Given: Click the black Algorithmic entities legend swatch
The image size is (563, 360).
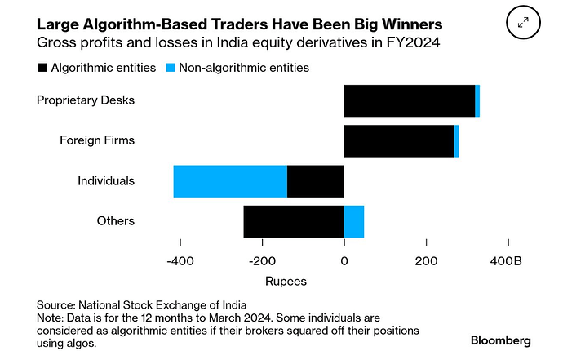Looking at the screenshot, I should click(42, 69).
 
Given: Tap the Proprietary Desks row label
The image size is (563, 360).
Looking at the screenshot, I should click(86, 100).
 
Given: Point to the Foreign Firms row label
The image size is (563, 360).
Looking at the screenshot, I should click(97, 140).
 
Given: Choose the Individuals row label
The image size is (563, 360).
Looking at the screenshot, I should click(106, 180).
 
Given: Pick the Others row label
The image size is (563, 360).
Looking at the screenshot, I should click(114, 221).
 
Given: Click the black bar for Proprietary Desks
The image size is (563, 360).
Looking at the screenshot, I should click(409, 100).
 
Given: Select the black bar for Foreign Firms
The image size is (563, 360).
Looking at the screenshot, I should click(399, 140).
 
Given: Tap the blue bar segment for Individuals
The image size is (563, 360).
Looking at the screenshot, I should click(230, 180).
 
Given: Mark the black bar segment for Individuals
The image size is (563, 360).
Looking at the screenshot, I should click(316, 180).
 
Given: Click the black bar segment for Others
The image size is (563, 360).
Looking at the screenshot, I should click(294, 221).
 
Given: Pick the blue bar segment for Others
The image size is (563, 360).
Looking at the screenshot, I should click(354, 221).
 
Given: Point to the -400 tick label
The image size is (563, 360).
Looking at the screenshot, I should click(180, 260).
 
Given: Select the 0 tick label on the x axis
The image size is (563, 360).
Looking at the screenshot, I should click(344, 260).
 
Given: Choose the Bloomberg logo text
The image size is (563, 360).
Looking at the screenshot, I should click(500, 339).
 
